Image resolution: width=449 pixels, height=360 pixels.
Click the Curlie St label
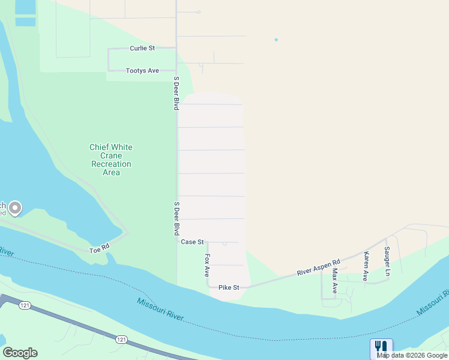tap(142, 48)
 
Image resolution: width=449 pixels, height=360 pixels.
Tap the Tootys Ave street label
tap(142, 71)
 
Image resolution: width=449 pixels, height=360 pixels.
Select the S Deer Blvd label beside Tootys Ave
tap(176, 93)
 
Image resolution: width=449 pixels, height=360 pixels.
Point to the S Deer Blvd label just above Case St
tap(176, 218)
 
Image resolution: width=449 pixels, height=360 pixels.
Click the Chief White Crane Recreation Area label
tap(111, 160)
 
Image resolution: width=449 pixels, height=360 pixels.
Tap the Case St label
tap(193, 242)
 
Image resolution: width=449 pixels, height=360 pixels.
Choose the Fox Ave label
tap(207, 265)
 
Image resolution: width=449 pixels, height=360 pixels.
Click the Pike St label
tap(229, 288)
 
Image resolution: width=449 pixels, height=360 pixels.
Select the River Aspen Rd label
tap(319, 268)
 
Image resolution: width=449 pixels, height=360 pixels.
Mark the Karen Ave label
tap(365, 266)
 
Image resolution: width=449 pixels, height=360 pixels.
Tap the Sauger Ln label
tap(387, 262)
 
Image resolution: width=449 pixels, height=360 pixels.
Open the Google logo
tap(20, 353)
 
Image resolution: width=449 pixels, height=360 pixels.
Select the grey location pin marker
tap(14, 208)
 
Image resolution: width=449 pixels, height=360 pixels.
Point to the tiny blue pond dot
tap(276, 40)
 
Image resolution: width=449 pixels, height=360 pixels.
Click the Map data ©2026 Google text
tap(412, 355)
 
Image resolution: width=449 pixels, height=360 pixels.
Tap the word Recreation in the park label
tap(111, 164)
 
